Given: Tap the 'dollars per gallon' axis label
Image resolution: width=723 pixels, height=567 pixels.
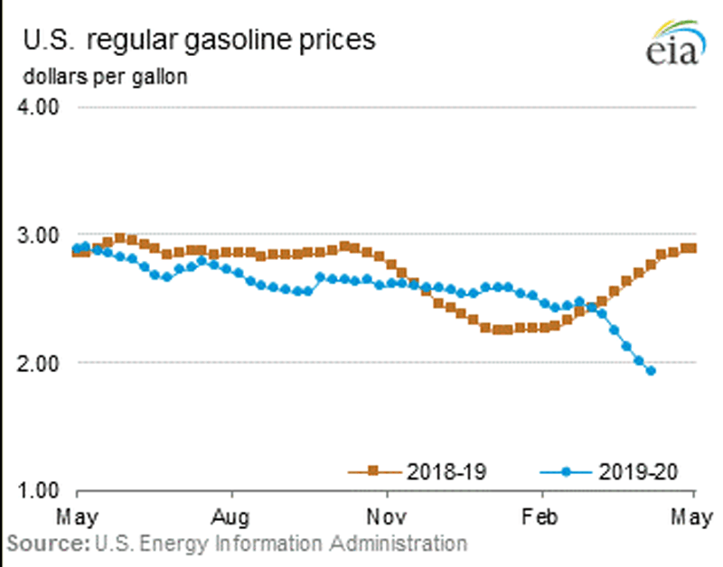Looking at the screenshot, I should coord(105,77).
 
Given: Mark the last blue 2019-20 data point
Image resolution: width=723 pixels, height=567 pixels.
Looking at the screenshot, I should coord(651,371).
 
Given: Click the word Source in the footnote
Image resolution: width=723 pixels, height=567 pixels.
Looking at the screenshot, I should coord(45,544).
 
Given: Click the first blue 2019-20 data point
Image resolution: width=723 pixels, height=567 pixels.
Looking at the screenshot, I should coord(77,248).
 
